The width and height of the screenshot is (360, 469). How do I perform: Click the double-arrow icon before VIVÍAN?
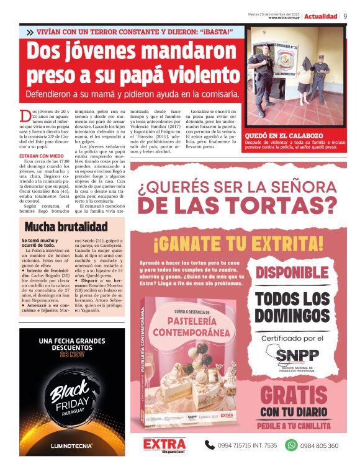30,32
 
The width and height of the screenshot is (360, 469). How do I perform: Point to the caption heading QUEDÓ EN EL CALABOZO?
279,135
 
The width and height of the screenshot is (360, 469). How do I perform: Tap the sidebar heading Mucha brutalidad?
66,226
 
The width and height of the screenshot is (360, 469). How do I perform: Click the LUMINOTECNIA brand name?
71,445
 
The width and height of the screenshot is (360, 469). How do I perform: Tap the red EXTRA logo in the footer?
164,444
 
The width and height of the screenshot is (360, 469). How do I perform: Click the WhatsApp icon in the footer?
291,445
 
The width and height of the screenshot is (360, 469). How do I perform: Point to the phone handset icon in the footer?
210,445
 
